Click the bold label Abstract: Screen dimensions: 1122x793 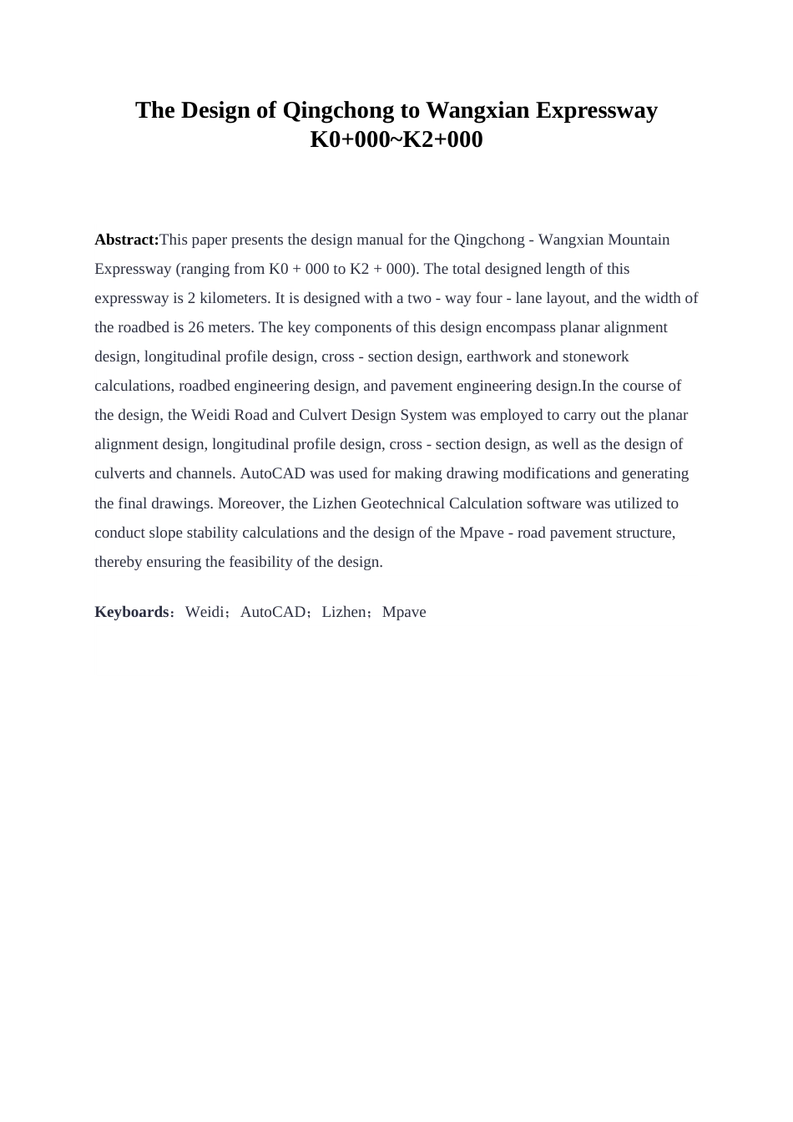coord(126,240)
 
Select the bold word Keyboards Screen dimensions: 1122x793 coord(132,612)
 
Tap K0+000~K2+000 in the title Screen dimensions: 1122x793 coord(396,139)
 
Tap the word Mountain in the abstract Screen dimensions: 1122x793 coord(639,240)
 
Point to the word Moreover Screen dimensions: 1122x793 coord(250,503)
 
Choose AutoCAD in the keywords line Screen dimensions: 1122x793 coord(273,612)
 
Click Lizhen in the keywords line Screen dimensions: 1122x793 coord(344,612)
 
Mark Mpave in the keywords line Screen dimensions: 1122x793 coord(404,612)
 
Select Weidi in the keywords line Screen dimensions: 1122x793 coord(205,612)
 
